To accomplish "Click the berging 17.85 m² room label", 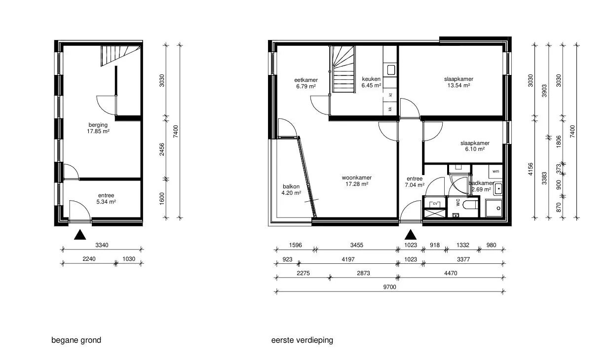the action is coord(98,128).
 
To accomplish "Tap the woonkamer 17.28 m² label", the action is coord(357,180).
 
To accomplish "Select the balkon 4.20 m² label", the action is coord(291,190).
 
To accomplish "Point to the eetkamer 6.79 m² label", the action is coord(306,83).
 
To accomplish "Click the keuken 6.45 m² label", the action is coord(371,82).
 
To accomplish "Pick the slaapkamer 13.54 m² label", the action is coord(458,82).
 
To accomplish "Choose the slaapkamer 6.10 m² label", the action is coord(475,146).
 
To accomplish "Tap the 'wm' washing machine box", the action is coord(495,172).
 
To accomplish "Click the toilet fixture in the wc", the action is coord(470,205).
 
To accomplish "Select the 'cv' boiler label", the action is coord(435,204).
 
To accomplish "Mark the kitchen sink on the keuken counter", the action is coord(391,70).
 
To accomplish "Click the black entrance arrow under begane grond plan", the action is coord(80,234).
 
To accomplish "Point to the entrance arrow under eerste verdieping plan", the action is coord(411,234).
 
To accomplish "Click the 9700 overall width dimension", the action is coord(389,287).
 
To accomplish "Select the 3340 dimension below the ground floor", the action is coord(102,245).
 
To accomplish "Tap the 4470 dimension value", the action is coord(451,273).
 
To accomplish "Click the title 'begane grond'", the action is coord(76,340).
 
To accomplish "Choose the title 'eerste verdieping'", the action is coord(302,340).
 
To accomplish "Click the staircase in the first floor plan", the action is coord(343,69).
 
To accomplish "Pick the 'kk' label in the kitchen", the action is coord(390,109).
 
